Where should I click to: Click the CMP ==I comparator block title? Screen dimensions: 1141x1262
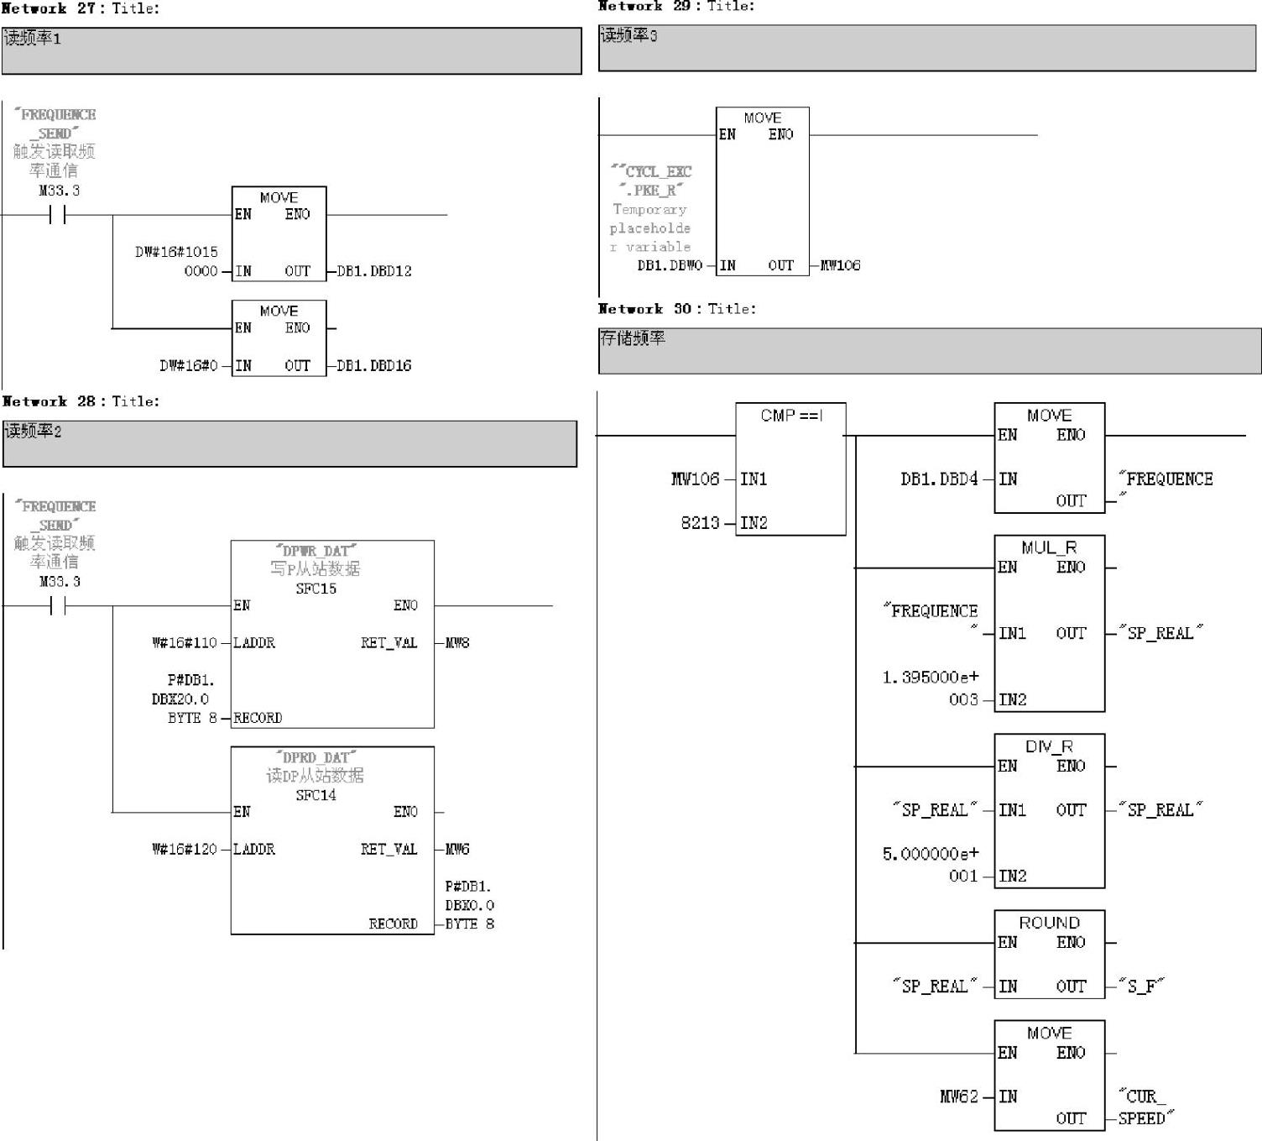(x=790, y=416)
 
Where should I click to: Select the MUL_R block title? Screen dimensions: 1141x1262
(x=1049, y=547)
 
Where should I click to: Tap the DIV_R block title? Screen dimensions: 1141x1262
(x=1049, y=746)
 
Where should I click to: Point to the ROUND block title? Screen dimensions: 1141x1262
(x=1049, y=923)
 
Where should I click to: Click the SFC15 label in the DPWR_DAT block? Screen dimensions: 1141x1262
(x=315, y=589)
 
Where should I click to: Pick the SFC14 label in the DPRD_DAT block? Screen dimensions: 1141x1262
(x=315, y=795)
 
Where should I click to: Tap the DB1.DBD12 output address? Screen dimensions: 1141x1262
(x=374, y=271)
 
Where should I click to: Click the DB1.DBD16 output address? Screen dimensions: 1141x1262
(x=374, y=365)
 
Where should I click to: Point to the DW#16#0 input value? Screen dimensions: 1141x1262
(x=189, y=365)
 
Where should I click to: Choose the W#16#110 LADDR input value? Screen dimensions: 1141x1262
(x=185, y=643)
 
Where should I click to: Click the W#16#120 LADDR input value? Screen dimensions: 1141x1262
(x=185, y=849)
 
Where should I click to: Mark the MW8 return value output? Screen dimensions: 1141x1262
(x=457, y=643)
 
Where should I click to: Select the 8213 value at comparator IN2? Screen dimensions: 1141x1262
(x=700, y=523)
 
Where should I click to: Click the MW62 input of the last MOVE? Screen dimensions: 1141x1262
(x=958, y=1097)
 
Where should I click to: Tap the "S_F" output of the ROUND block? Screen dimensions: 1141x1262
(x=1141, y=987)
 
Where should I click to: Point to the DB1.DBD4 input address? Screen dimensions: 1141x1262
(x=939, y=479)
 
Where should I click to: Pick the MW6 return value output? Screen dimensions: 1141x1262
(x=457, y=849)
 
